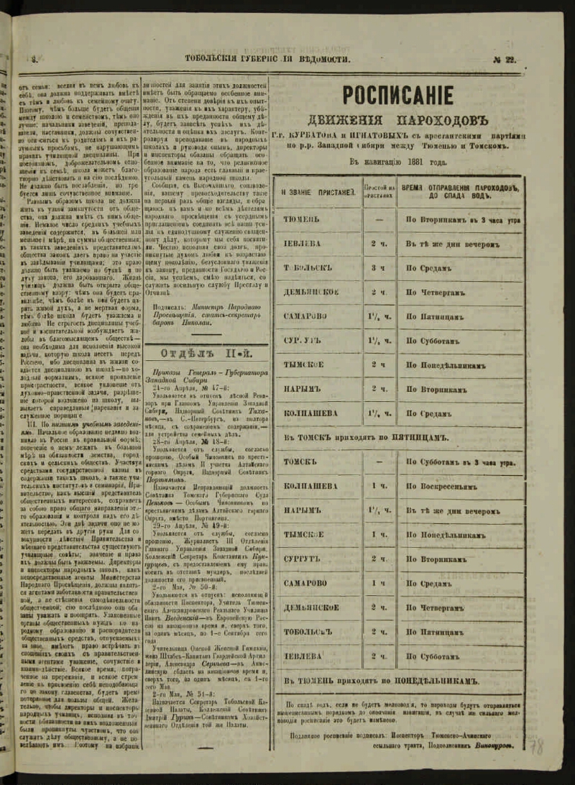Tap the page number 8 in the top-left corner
click(33, 60)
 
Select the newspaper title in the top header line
click(267, 60)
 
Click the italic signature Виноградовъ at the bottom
click(494, 745)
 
